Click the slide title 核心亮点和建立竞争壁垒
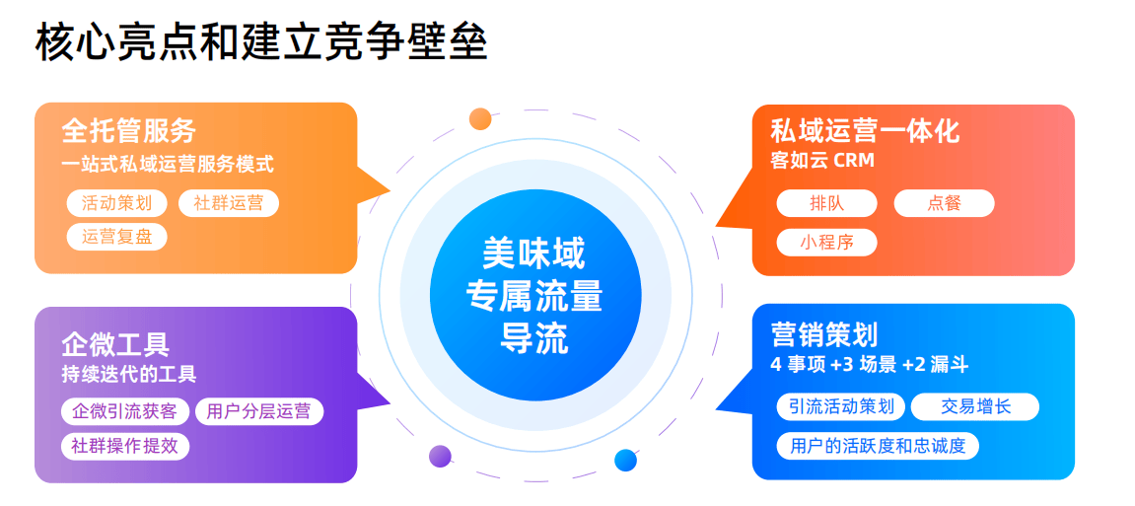tap(260, 43)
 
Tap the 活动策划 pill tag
tap(117, 203)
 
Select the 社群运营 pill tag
tap(228, 203)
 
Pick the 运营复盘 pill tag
tap(117, 237)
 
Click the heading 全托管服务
tap(129, 131)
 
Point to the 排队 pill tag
tap(826, 203)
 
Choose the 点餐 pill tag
tap(944, 203)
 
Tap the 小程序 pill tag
tap(826, 243)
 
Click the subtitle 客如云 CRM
tap(823, 160)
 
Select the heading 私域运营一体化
tap(865, 132)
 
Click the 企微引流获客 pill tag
tap(124, 411)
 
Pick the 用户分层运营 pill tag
tap(258, 411)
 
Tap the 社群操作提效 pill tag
tap(124, 446)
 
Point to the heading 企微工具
tap(115, 344)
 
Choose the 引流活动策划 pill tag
tap(840, 406)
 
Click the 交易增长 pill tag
tap(975, 406)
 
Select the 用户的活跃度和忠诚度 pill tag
tap(878, 445)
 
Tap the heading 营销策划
tap(824, 336)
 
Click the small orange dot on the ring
tap(480, 118)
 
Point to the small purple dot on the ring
tap(440, 456)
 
